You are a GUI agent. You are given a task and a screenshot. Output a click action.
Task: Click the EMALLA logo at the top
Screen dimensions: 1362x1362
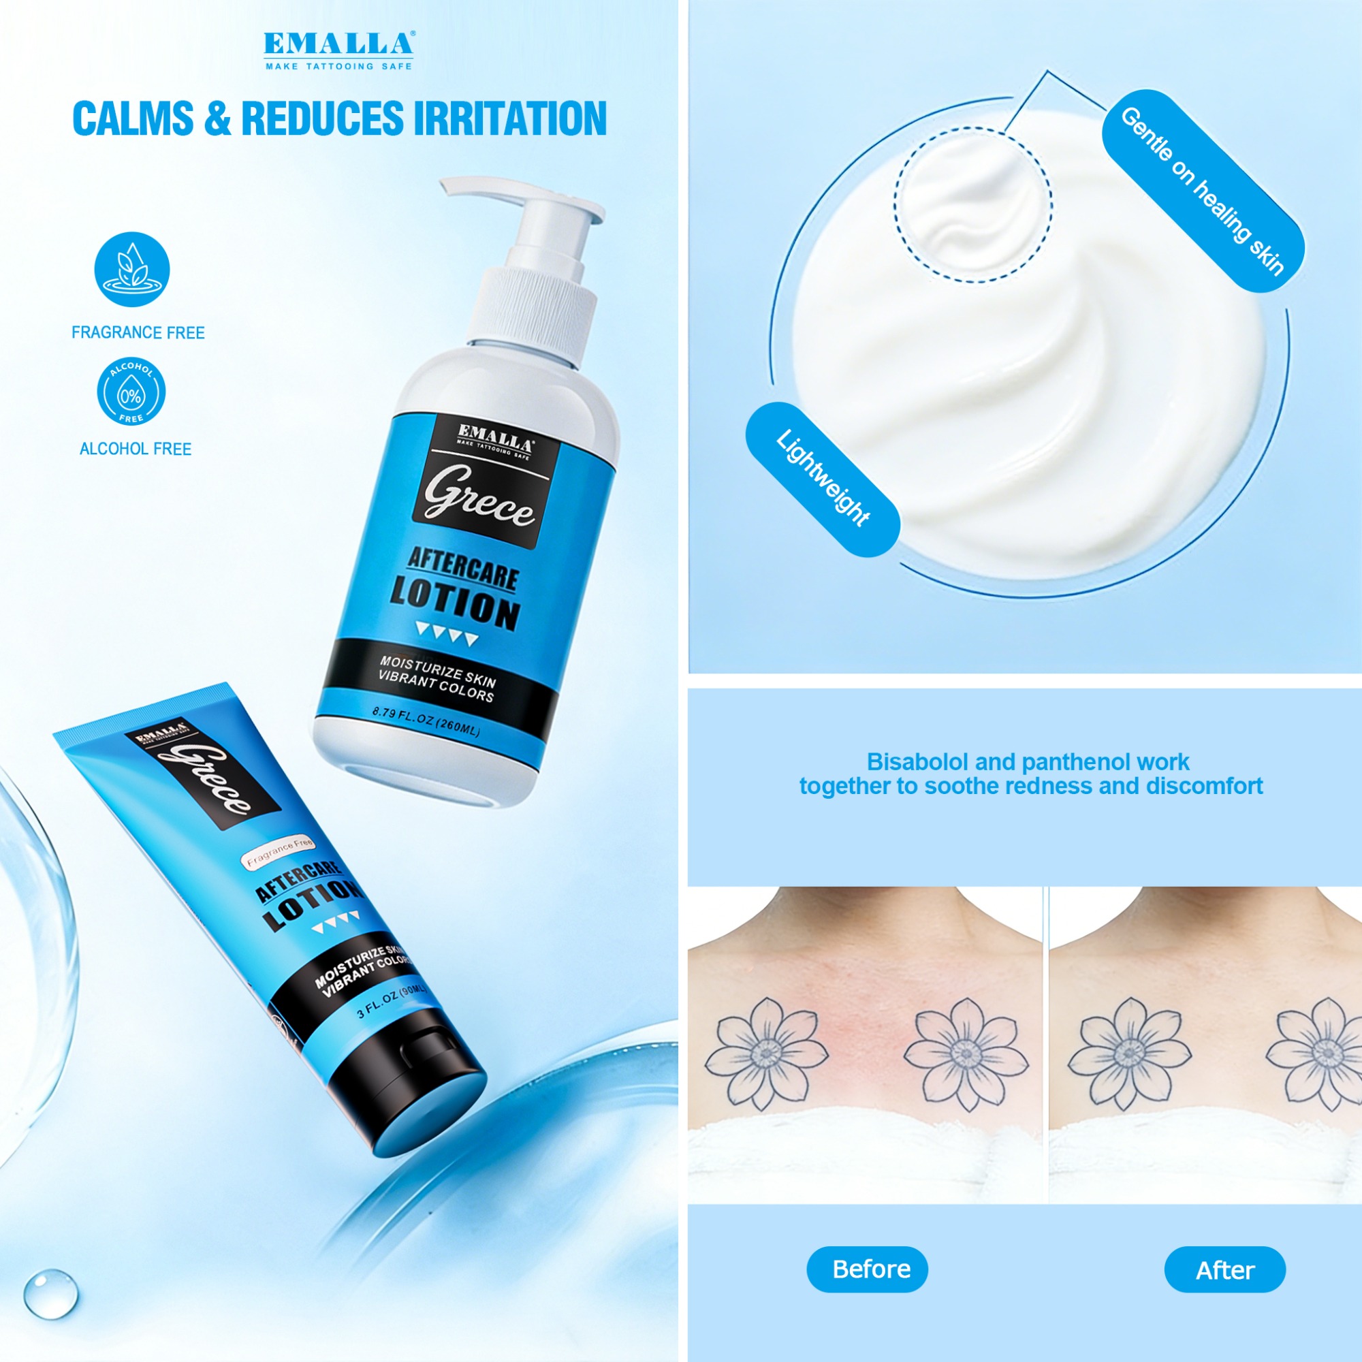pos(339,50)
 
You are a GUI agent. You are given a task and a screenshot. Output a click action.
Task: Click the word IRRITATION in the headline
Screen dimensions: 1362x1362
pos(509,118)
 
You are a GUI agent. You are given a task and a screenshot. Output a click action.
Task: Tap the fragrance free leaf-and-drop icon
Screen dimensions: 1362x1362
pos(132,269)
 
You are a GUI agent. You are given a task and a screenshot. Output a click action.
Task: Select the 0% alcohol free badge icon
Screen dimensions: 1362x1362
pos(131,392)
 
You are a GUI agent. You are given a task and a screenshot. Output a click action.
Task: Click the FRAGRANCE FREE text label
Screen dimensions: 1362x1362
pos(138,333)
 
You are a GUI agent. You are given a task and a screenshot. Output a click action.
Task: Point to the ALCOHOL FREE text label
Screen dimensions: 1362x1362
pos(136,449)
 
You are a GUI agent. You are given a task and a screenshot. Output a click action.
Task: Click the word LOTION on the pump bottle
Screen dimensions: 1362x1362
pos(456,603)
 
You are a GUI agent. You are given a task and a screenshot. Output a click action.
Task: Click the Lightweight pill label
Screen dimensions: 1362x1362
pos(823,479)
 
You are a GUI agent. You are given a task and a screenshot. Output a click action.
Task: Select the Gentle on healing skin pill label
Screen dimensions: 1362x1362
pos(1203,191)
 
